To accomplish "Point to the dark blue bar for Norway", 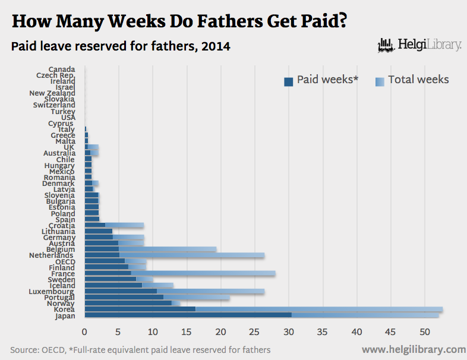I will (x=128, y=303).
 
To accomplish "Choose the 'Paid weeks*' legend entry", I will (x=321, y=80).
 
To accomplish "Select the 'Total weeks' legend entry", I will (x=412, y=80).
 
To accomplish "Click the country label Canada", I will (x=62, y=70).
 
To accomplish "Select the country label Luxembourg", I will (x=52, y=292).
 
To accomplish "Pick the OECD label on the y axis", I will (x=65, y=261).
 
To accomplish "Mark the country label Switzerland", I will (x=54, y=105).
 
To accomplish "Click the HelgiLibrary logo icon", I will (x=387, y=45).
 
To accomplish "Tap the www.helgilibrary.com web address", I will (x=414, y=349).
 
